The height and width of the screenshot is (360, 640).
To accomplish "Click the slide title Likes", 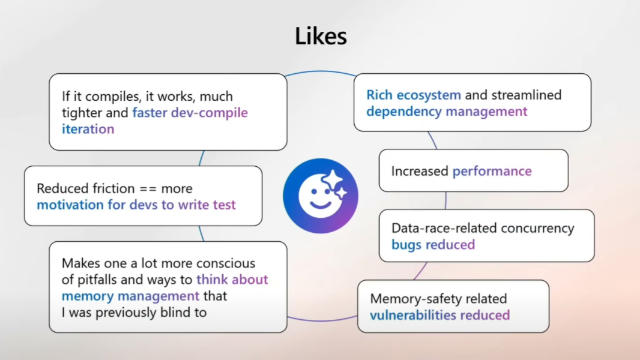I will coord(321,37).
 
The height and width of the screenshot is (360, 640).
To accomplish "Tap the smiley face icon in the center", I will coord(320,196).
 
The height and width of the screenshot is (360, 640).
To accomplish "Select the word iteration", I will coord(88,129).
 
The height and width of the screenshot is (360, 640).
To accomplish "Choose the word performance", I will coord(492,171).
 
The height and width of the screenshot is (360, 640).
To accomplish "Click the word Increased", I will coord(420,171).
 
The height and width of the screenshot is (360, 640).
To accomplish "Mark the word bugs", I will coord(406,244).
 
